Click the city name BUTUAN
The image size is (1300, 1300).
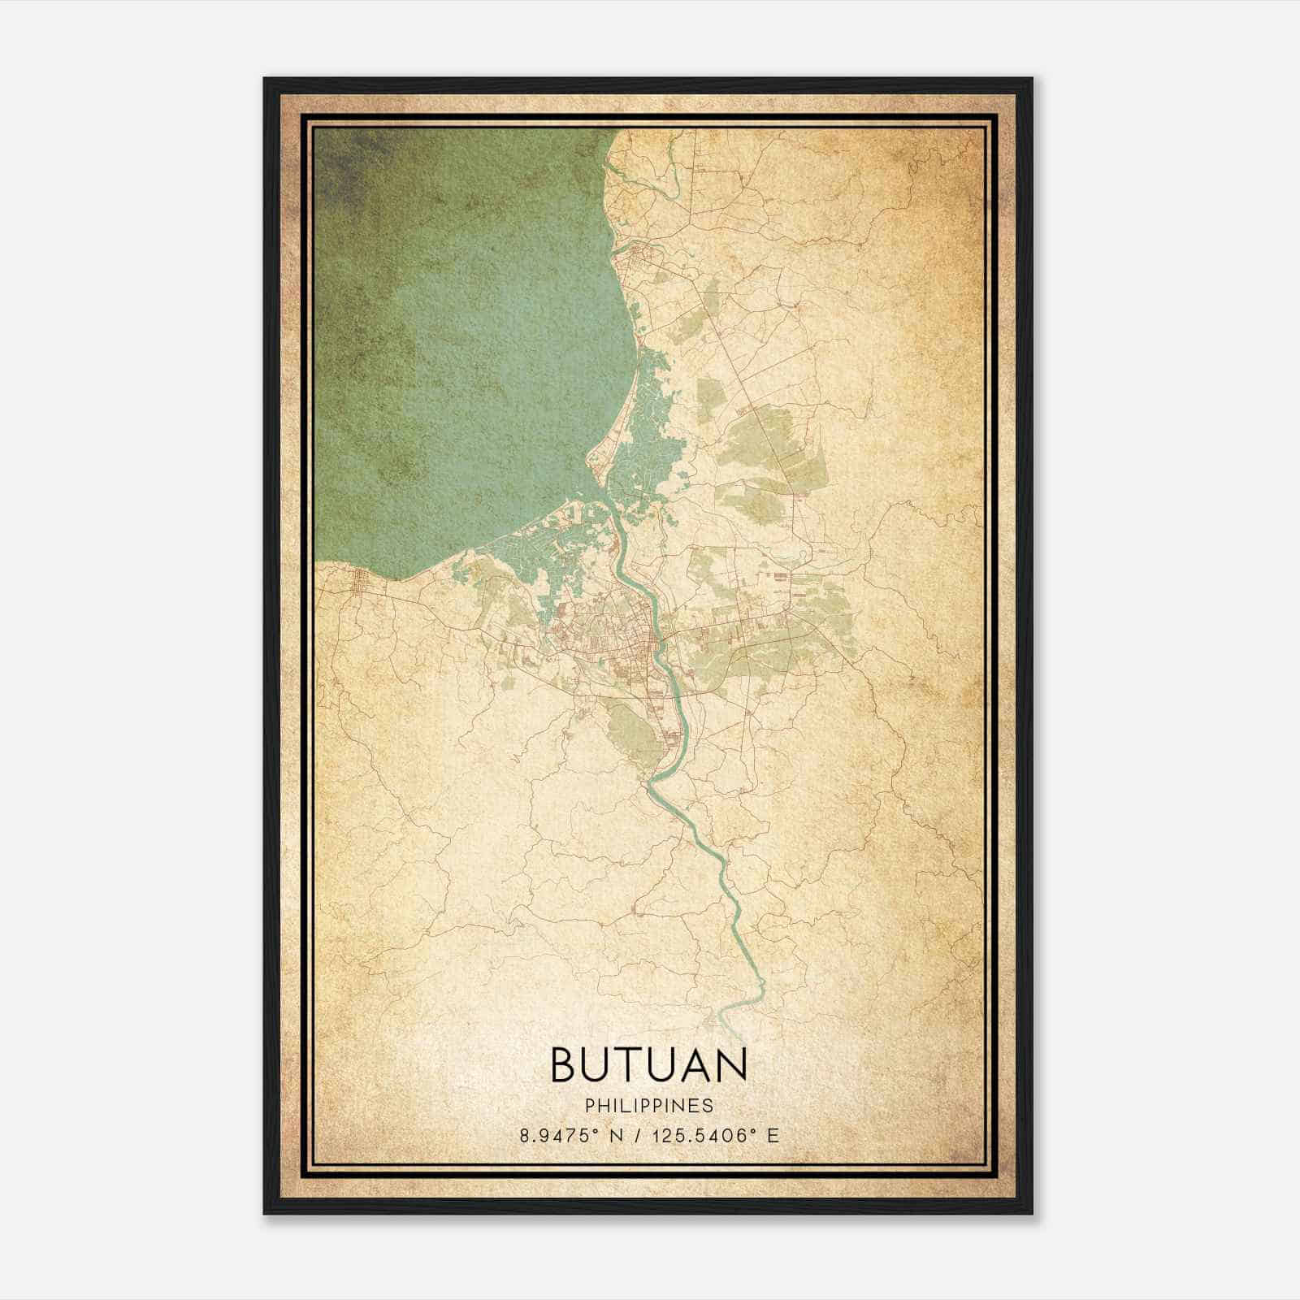[x=648, y=1065]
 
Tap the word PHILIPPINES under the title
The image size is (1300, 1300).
[x=648, y=1106]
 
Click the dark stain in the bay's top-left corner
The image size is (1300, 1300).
[x=341, y=162]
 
